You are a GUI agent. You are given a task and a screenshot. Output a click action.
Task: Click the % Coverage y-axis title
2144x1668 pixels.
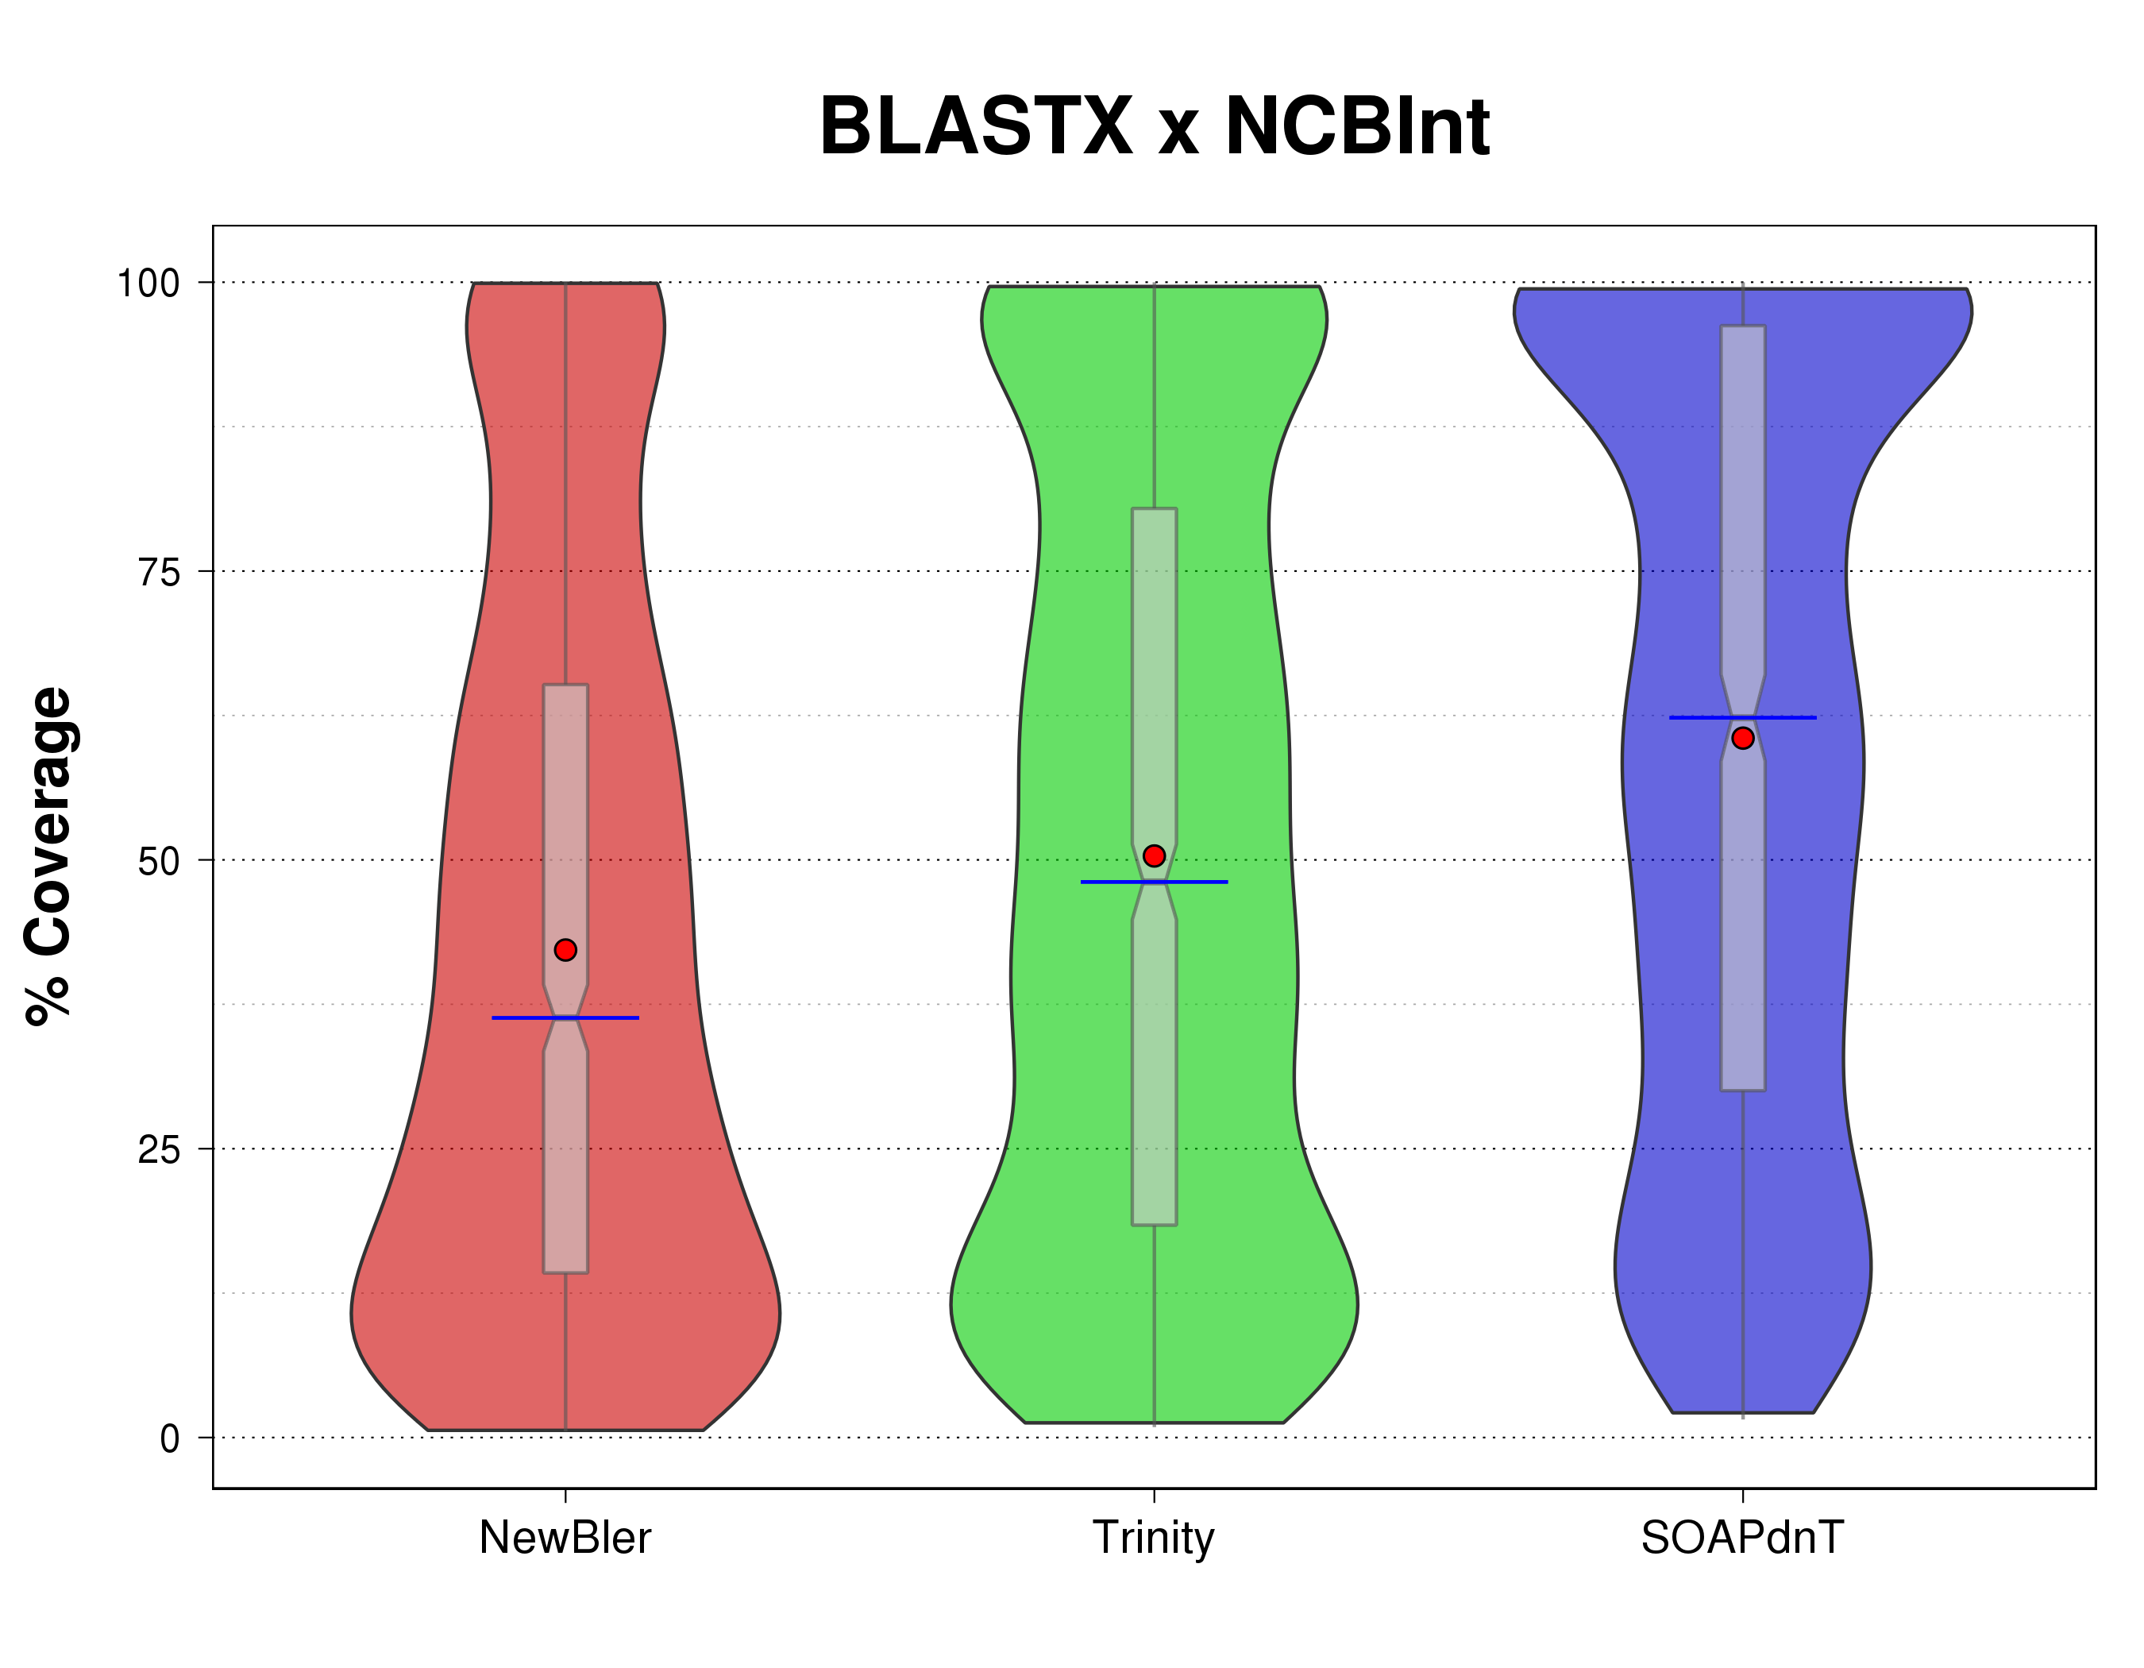tap(48, 857)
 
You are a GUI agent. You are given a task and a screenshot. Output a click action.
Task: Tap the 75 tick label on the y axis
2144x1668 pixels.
tap(159, 573)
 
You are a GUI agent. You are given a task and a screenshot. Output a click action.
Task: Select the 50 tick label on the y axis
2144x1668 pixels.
tap(159, 862)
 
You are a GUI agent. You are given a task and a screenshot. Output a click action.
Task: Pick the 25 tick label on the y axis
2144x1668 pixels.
tap(159, 1149)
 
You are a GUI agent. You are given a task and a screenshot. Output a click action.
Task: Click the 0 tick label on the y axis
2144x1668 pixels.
tap(170, 1439)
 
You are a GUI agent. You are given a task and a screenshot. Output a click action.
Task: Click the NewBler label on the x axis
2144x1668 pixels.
tap(565, 1538)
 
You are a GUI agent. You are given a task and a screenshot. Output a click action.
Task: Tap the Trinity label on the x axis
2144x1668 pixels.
tap(1154, 1538)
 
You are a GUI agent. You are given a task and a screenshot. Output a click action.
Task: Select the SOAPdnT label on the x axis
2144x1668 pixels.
tap(1742, 1538)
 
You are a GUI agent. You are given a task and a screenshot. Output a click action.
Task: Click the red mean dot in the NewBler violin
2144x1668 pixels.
tap(565, 949)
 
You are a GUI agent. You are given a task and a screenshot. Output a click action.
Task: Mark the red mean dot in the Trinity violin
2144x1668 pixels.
tap(1155, 856)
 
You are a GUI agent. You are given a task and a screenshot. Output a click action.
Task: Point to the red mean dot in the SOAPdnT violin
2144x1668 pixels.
tap(1742, 738)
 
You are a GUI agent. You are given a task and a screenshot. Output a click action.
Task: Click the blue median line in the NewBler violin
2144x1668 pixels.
tap(608, 1018)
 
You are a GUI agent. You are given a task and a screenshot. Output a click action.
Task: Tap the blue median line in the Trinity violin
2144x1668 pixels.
tap(1197, 882)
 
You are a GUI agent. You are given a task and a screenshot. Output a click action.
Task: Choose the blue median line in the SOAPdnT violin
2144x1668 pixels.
tap(1787, 718)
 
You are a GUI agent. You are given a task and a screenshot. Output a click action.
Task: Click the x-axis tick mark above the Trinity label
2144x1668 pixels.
tap(1154, 1495)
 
